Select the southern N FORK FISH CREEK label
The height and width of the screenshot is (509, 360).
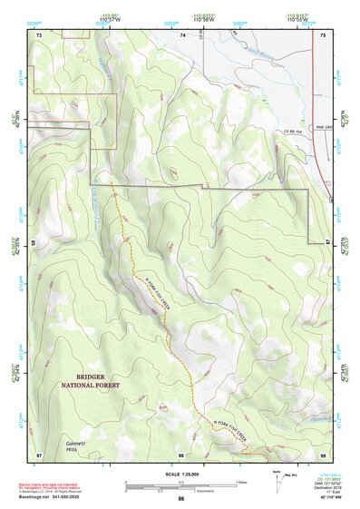pyautogui.click(x=229, y=432)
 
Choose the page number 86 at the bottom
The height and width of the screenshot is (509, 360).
pyautogui.click(x=181, y=499)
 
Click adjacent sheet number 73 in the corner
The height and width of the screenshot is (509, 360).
pyautogui.click(x=39, y=34)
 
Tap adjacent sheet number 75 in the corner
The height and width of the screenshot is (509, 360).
pyautogui.click(x=324, y=34)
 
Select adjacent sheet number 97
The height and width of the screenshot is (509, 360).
pyautogui.click(x=39, y=454)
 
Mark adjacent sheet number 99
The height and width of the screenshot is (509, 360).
pyautogui.click(x=324, y=454)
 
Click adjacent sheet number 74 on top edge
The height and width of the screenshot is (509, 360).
pyautogui.click(x=182, y=34)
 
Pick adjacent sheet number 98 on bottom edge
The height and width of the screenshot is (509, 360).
pyautogui.click(x=181, y=455)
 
